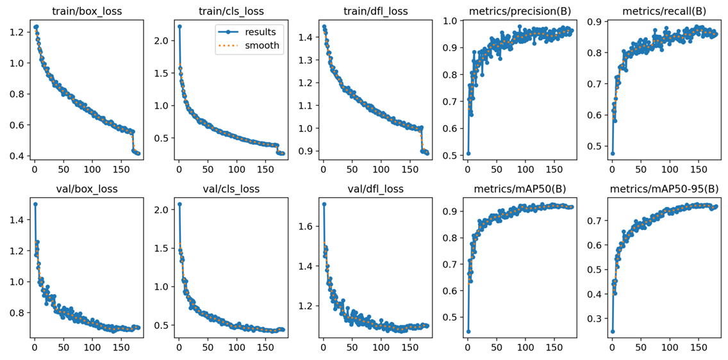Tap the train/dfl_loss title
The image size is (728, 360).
coord(374,11)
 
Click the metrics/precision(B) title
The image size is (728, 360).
coord(519,11)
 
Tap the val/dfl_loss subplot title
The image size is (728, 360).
coord(374,189)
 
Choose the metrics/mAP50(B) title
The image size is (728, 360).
coord(519,189)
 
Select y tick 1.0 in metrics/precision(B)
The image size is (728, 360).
coord(449,21)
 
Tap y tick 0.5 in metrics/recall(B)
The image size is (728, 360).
coord(593,145)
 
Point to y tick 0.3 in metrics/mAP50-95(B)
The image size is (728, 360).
coord(593,318)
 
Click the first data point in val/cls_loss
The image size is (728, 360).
coord(179,204)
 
